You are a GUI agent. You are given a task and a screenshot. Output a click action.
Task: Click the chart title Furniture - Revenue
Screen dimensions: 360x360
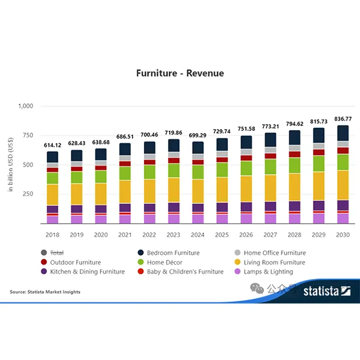(180, 73)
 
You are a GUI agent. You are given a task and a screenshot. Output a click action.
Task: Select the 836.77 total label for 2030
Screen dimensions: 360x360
(343, 119)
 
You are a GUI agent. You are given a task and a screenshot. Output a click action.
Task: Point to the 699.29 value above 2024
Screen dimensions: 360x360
(197, 136)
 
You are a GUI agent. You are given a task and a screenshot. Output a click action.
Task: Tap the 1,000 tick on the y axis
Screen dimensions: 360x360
(26, 106)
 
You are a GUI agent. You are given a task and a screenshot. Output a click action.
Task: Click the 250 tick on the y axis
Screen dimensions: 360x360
(29, 194)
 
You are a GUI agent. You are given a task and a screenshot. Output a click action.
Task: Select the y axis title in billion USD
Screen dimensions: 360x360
(11, 164)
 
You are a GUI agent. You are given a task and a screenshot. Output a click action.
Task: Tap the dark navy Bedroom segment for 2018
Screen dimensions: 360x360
(53, 157)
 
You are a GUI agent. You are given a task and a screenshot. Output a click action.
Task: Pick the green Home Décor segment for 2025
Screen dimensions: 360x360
(222, 170)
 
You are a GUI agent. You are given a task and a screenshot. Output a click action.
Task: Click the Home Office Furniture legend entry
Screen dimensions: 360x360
(275, 253)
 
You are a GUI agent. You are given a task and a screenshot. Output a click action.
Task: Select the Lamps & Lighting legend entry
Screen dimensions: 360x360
(268, 272)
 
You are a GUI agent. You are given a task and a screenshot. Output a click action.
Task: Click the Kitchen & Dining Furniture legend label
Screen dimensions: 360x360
(88, 272)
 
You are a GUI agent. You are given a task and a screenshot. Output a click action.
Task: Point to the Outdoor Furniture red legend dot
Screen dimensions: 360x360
(43, 262)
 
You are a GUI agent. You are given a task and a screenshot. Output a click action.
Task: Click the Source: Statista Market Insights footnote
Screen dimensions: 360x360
(45, 292)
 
